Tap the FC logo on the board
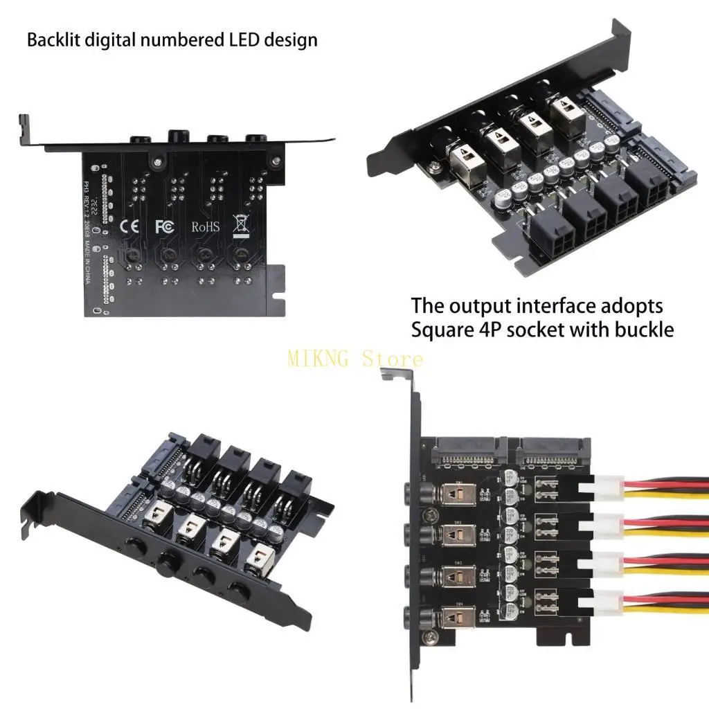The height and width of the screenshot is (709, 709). (164, 226)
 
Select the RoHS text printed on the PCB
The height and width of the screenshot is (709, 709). (205, 226)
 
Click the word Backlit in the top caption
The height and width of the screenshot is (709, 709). (53, 39)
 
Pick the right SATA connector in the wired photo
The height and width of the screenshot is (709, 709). (550, 454)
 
